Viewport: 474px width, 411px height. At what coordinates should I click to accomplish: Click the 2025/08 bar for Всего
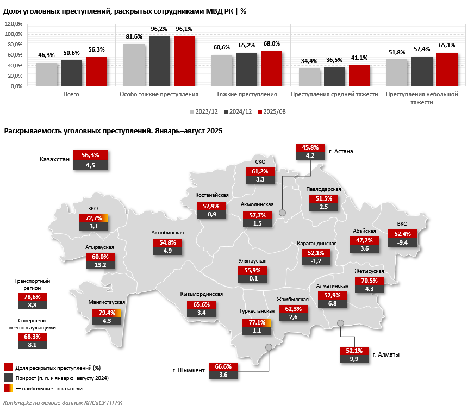click(96, 71)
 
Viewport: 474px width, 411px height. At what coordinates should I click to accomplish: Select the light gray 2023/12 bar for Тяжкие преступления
click(221, 70)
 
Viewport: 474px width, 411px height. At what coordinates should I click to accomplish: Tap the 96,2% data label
click(159, 29)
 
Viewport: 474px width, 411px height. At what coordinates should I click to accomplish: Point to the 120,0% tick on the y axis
click(13, 24)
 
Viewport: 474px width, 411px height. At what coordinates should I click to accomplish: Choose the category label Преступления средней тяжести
click(334, 94)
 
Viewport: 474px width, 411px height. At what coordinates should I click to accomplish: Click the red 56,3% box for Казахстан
click(90, 155)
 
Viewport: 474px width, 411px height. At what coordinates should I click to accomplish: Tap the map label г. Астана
click(341, 151)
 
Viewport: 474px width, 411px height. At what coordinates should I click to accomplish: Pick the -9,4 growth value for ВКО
click(402, 242)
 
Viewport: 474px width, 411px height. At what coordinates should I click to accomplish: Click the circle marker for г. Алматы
click(341, 323)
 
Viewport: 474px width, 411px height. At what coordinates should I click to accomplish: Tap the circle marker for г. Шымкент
click(269, 347)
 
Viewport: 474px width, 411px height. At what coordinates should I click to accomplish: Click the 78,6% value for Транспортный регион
click(33, 297)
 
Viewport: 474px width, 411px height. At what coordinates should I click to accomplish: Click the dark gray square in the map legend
click(8, 377)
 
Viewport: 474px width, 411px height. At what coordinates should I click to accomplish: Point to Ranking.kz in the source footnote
click(20, 403)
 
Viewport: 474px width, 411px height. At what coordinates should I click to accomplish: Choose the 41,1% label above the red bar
click(359, 58)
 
